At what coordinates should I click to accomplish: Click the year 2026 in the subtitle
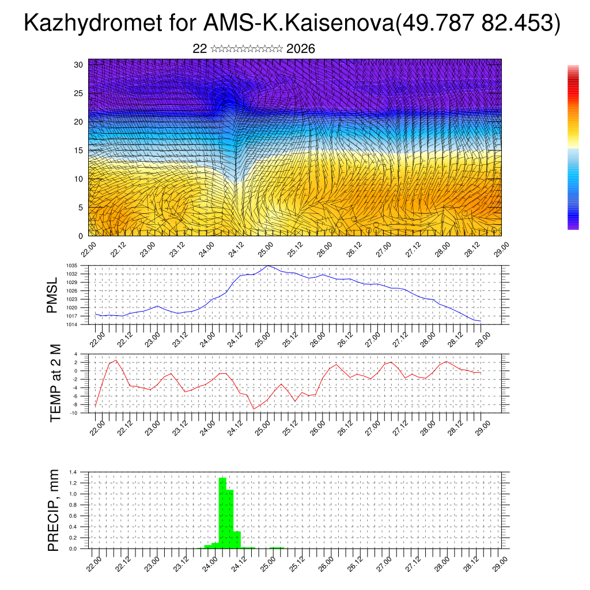tap(300, 49)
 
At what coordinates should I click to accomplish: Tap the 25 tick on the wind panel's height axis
tap(79, 93)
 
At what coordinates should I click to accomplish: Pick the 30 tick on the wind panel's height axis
tap(79, 65)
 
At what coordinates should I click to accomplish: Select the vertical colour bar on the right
tap(573, 147)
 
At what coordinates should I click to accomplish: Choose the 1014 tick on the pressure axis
tap(80, 324)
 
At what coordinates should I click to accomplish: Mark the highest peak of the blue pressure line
tap(268, 266)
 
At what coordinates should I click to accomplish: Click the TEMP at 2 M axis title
tap(55, 383)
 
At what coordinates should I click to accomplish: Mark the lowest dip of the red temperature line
tap(254, 409)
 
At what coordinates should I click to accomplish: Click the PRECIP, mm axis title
tap(54, 510)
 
